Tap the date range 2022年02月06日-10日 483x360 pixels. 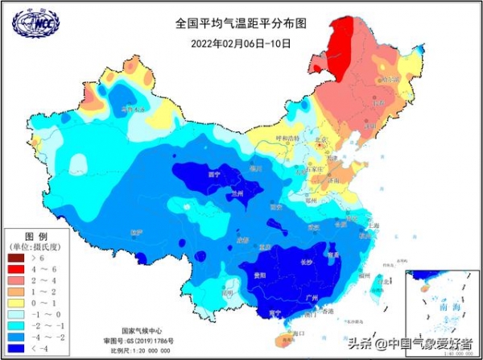pyautogui.click(x=242, y=43)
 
